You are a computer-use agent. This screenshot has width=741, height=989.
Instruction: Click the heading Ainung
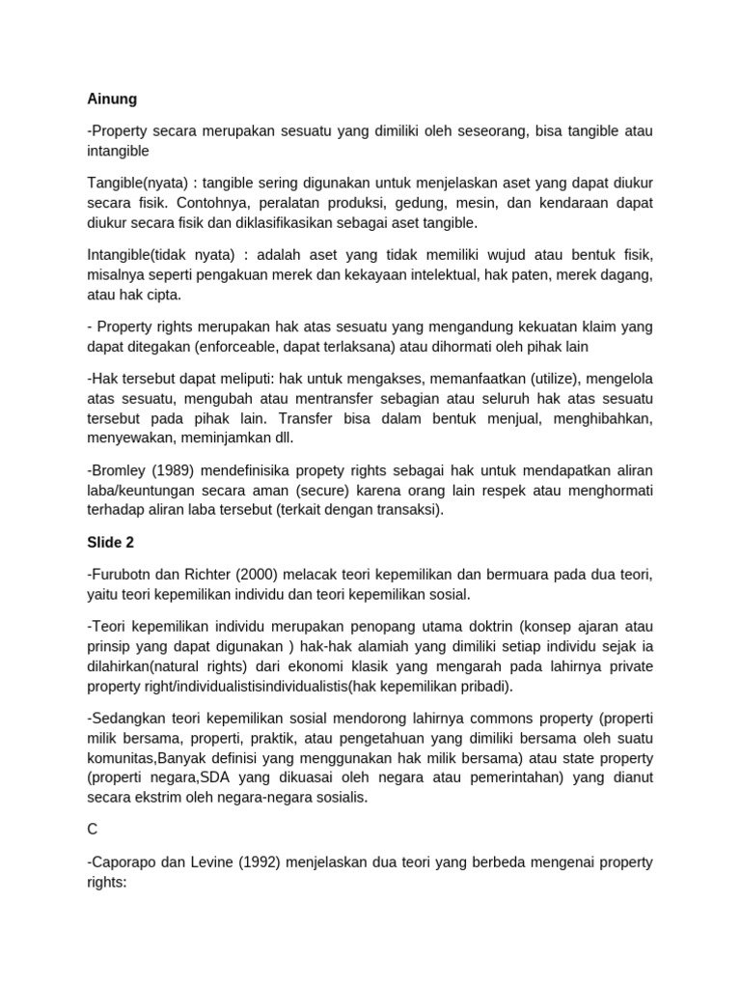(x=112, y=99)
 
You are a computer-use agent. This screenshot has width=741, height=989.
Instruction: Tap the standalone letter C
(x=93, y=829)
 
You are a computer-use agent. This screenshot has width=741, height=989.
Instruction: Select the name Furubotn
(x=124, y=576)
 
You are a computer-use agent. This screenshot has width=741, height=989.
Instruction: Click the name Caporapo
(x=126, y=862)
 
